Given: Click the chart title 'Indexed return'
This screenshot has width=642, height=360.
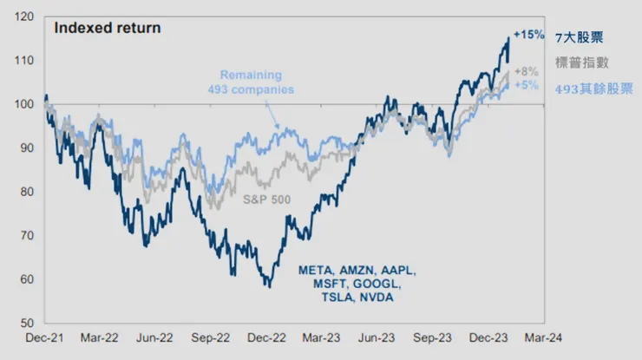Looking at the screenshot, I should [107, 27].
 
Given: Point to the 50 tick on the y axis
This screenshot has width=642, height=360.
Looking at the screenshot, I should [26, 323].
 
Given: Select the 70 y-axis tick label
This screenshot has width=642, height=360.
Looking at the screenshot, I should [26, 235].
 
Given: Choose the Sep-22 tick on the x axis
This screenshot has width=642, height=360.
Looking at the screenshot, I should [211, 339].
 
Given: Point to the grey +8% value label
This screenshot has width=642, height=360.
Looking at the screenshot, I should [526, 71].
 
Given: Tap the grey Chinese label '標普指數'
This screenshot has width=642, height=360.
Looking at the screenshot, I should [579, 62].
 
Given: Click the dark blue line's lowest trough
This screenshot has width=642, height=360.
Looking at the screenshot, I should [270, 286].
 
